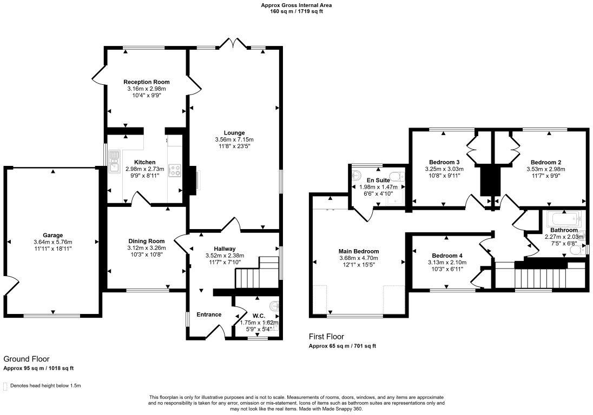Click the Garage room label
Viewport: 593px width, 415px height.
(53, 235)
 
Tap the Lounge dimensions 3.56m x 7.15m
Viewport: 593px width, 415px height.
(234, 139)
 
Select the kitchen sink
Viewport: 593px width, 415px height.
(114, 162)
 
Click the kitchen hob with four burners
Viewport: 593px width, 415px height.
(174, 170)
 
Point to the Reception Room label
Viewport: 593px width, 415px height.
(147, 82)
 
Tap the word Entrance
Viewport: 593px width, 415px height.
(209, 314)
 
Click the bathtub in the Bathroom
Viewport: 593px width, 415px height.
(564, 219)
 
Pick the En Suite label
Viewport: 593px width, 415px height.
(378, 180)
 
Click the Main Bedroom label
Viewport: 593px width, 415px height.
(359, 251)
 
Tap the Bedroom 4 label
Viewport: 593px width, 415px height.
(447, 255)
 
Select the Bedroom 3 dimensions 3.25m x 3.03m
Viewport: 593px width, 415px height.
(444, 169)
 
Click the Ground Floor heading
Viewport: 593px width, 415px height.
(27, 359)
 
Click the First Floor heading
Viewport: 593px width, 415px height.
(327, 337)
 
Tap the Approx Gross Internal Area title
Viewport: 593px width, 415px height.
(296, 5)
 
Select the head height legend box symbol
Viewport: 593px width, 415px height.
(5, 386)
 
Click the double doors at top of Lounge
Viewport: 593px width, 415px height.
(233, 43)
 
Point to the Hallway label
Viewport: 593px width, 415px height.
(225, 249)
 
